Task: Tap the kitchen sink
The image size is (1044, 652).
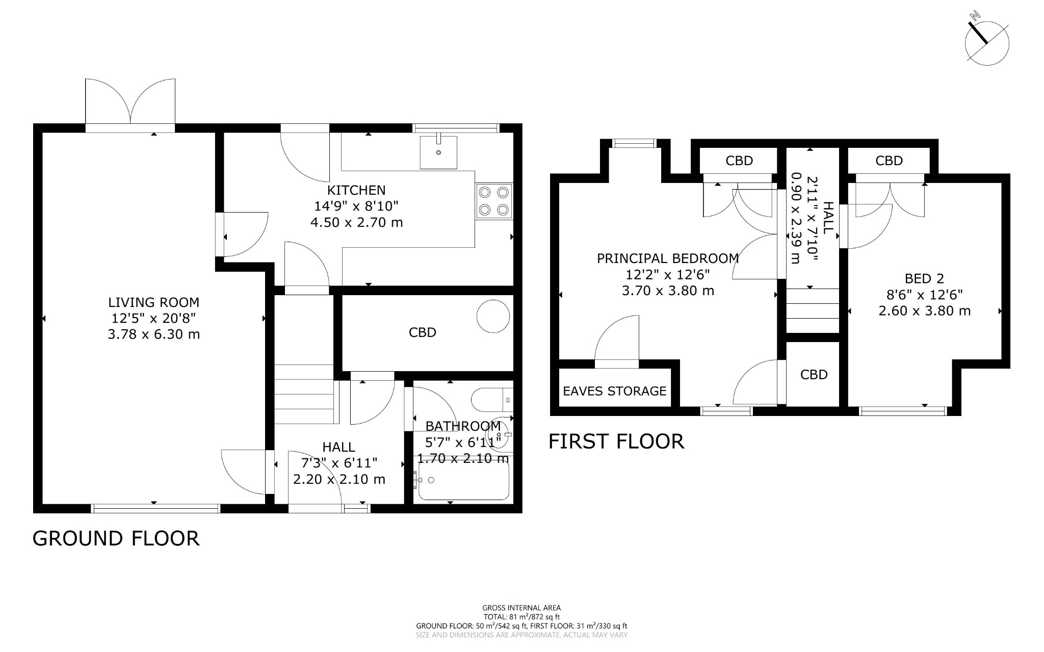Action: [438, 151]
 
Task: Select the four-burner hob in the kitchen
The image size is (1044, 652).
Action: [494, 201]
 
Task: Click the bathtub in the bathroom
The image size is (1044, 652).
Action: [463, 480]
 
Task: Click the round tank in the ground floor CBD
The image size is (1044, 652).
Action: [493, 316]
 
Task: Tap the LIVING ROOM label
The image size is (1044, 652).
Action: [153, 302]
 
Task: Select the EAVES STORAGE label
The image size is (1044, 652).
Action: [614, 391]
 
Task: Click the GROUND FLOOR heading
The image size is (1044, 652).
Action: [116, 538]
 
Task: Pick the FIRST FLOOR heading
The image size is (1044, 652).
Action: [616, 441]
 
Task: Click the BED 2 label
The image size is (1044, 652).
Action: [924, 278]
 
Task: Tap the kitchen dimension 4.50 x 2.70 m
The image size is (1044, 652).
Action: [356, 222]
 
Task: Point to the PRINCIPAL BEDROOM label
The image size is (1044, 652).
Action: [668, 258]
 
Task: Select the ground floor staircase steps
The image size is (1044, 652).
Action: [304, 394]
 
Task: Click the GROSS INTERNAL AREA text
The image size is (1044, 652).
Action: [521, 608]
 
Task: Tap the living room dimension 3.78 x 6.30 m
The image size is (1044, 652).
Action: [153, 334]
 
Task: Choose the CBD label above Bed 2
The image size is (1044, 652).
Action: [889, 161]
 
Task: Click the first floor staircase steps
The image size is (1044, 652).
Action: [813, 310]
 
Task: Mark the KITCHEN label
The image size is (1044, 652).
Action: [356, 190]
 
